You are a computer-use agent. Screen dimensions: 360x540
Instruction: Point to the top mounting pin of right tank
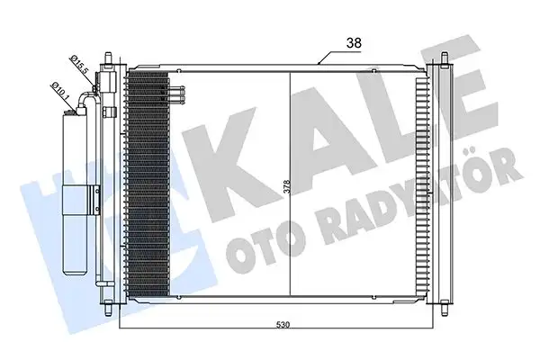click(x=445, y=60)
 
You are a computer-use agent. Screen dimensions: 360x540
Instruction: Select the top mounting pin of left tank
click(x=110, y=60)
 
